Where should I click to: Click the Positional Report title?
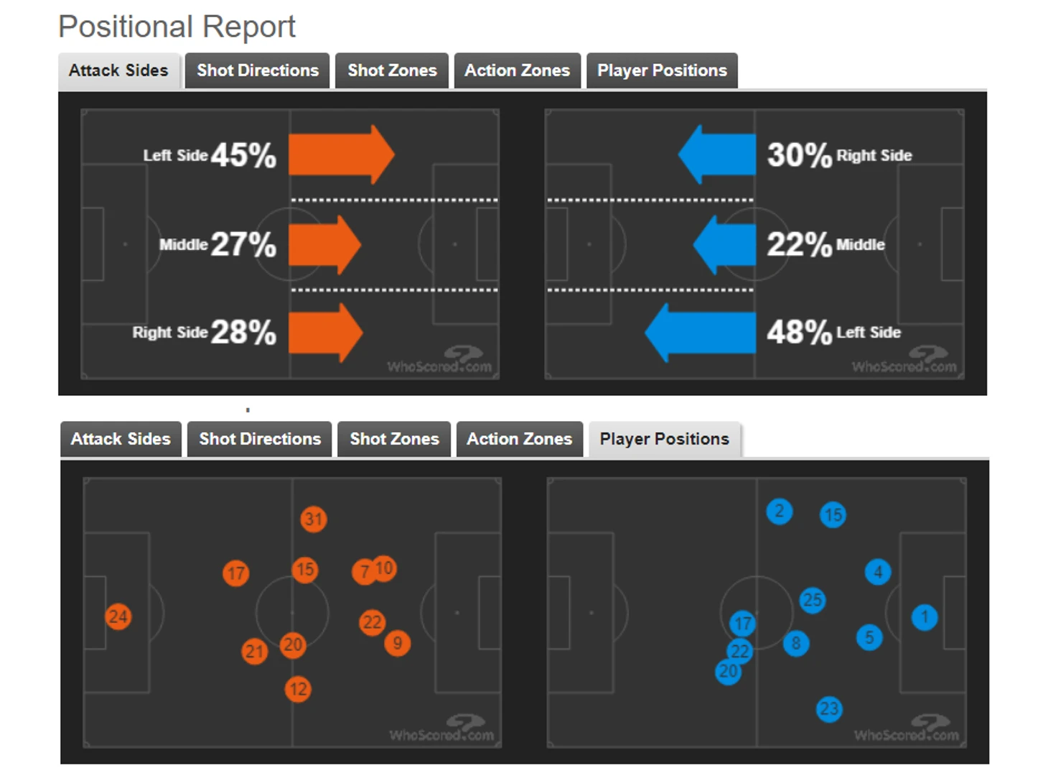[177, 27]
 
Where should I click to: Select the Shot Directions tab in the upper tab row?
[257, 70]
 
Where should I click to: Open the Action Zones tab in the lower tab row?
[519, 439]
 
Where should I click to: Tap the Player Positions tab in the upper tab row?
[661, 70]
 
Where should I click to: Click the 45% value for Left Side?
[243, 155]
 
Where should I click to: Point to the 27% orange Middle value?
[243, 244]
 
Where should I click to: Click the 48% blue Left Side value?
[799, 332]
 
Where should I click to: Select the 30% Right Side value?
[799, 155]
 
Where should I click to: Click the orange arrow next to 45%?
[340, 154]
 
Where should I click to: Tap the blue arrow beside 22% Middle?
[725, 244]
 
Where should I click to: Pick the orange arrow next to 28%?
[325, 332]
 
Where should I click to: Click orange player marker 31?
[314, 519]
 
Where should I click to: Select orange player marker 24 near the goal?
[118, 616]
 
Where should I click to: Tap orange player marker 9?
[397, 642]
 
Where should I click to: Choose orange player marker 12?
[298, 690]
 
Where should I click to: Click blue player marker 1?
[925, 616]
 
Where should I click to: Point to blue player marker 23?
[829, 709]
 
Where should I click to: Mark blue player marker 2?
[780, 512]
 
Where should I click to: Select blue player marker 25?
[813, 600]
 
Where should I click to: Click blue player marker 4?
[878, 572]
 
